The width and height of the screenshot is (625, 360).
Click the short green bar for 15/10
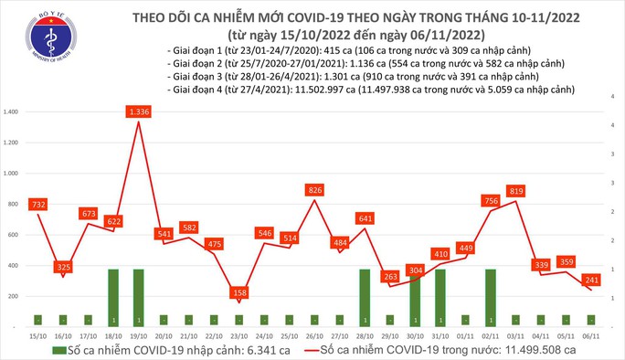(37, 320)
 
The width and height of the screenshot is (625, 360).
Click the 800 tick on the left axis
(15, 204)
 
